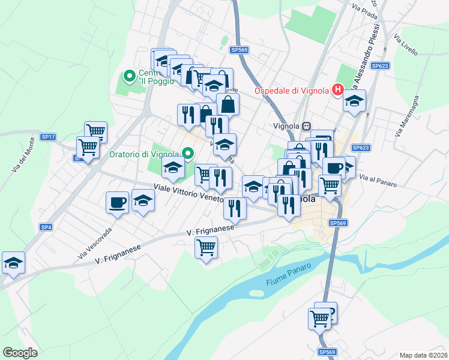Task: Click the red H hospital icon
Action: coord(337,90)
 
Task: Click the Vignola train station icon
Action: coord(307,126)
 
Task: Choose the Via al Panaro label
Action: coord(378,181)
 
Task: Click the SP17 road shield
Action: coord(48,137)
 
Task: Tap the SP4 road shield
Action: coord(46,227)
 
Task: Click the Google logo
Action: coord(20,353)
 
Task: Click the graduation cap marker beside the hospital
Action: coord(354,100)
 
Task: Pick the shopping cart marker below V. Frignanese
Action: coord(206,247)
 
